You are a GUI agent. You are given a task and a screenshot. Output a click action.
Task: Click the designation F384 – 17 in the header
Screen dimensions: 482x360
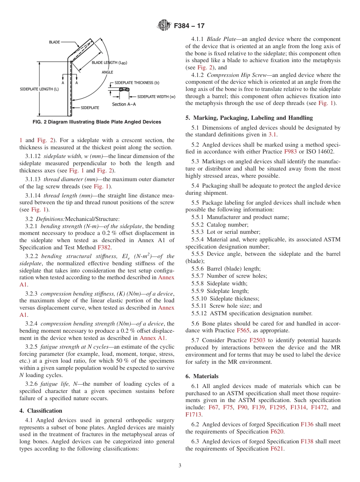(189, 26)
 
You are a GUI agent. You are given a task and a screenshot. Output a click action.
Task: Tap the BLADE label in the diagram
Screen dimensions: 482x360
(54, 42)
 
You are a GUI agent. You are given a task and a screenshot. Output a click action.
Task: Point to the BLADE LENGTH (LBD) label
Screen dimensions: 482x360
(110, 63)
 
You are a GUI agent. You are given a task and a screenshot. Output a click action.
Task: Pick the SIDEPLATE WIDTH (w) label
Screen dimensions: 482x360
(156, 97)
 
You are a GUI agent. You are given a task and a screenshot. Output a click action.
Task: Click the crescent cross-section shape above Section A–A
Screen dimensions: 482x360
(124, 90)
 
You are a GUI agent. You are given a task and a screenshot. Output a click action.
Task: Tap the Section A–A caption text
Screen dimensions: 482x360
(124, 104)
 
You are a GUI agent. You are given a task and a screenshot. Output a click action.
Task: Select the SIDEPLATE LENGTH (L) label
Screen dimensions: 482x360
(39, 89)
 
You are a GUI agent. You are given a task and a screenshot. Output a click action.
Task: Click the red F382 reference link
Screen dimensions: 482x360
(104, 247)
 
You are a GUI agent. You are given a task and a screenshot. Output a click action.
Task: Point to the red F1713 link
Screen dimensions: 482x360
(193, 415)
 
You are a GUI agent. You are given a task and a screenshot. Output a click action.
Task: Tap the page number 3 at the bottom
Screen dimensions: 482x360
(180, 466)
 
